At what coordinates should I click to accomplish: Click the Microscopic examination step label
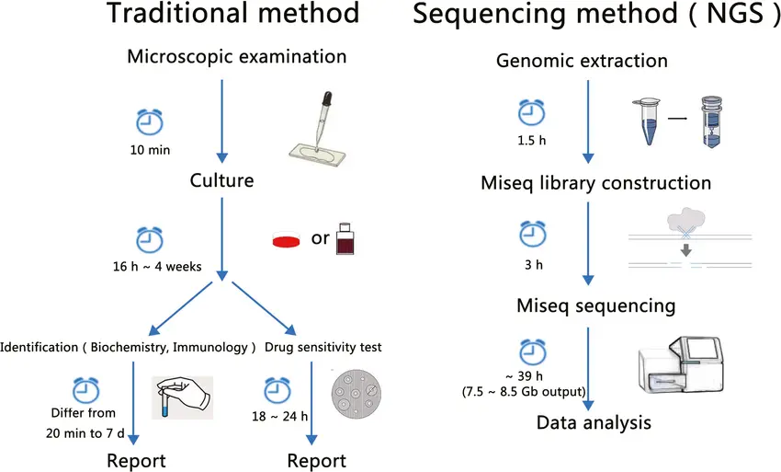(x=237, y=56)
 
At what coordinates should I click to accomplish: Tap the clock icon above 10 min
(x=148, y=122)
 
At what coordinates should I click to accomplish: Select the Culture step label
(x=221, y=179)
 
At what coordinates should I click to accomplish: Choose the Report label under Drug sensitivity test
(x=317, y=459)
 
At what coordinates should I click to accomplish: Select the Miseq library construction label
(x=596, y=182)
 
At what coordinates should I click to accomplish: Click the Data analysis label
(x=594, y=423)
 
